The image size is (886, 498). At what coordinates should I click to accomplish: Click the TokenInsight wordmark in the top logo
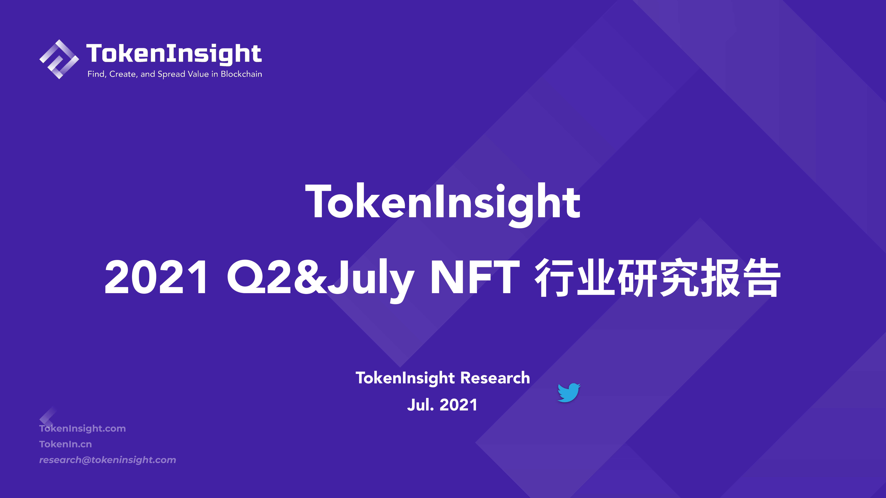(174, 54)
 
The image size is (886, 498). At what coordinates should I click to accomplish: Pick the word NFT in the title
(475, 277)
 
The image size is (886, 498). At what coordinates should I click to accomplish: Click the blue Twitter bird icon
(569, 393)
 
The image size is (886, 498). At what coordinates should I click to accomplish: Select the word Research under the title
(495, 378)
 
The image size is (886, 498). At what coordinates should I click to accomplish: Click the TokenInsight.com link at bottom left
(83, 429)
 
